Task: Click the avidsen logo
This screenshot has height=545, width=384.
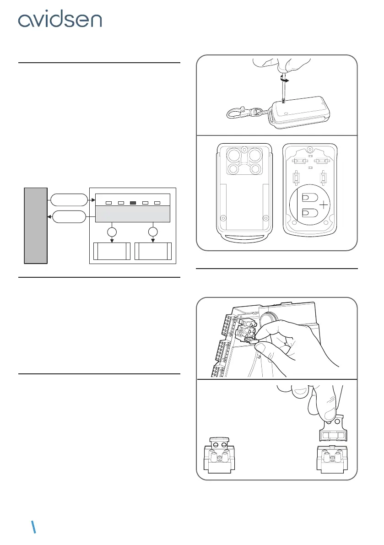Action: point(60,20)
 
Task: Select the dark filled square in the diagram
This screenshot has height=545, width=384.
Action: point(133,202)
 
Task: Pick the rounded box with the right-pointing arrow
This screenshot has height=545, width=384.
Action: point(68,200)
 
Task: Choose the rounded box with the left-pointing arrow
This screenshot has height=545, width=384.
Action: point(68,216)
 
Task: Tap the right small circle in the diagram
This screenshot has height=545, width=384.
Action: point(152,231)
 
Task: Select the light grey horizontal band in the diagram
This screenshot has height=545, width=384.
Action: point(133,214)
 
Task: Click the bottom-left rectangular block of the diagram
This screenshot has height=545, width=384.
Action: point(112,251)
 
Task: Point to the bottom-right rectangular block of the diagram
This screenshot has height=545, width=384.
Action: point(153,251)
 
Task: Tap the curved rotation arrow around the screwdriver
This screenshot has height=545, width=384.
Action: point(284,79)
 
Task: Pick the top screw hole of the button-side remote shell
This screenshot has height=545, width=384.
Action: point(244,149)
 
